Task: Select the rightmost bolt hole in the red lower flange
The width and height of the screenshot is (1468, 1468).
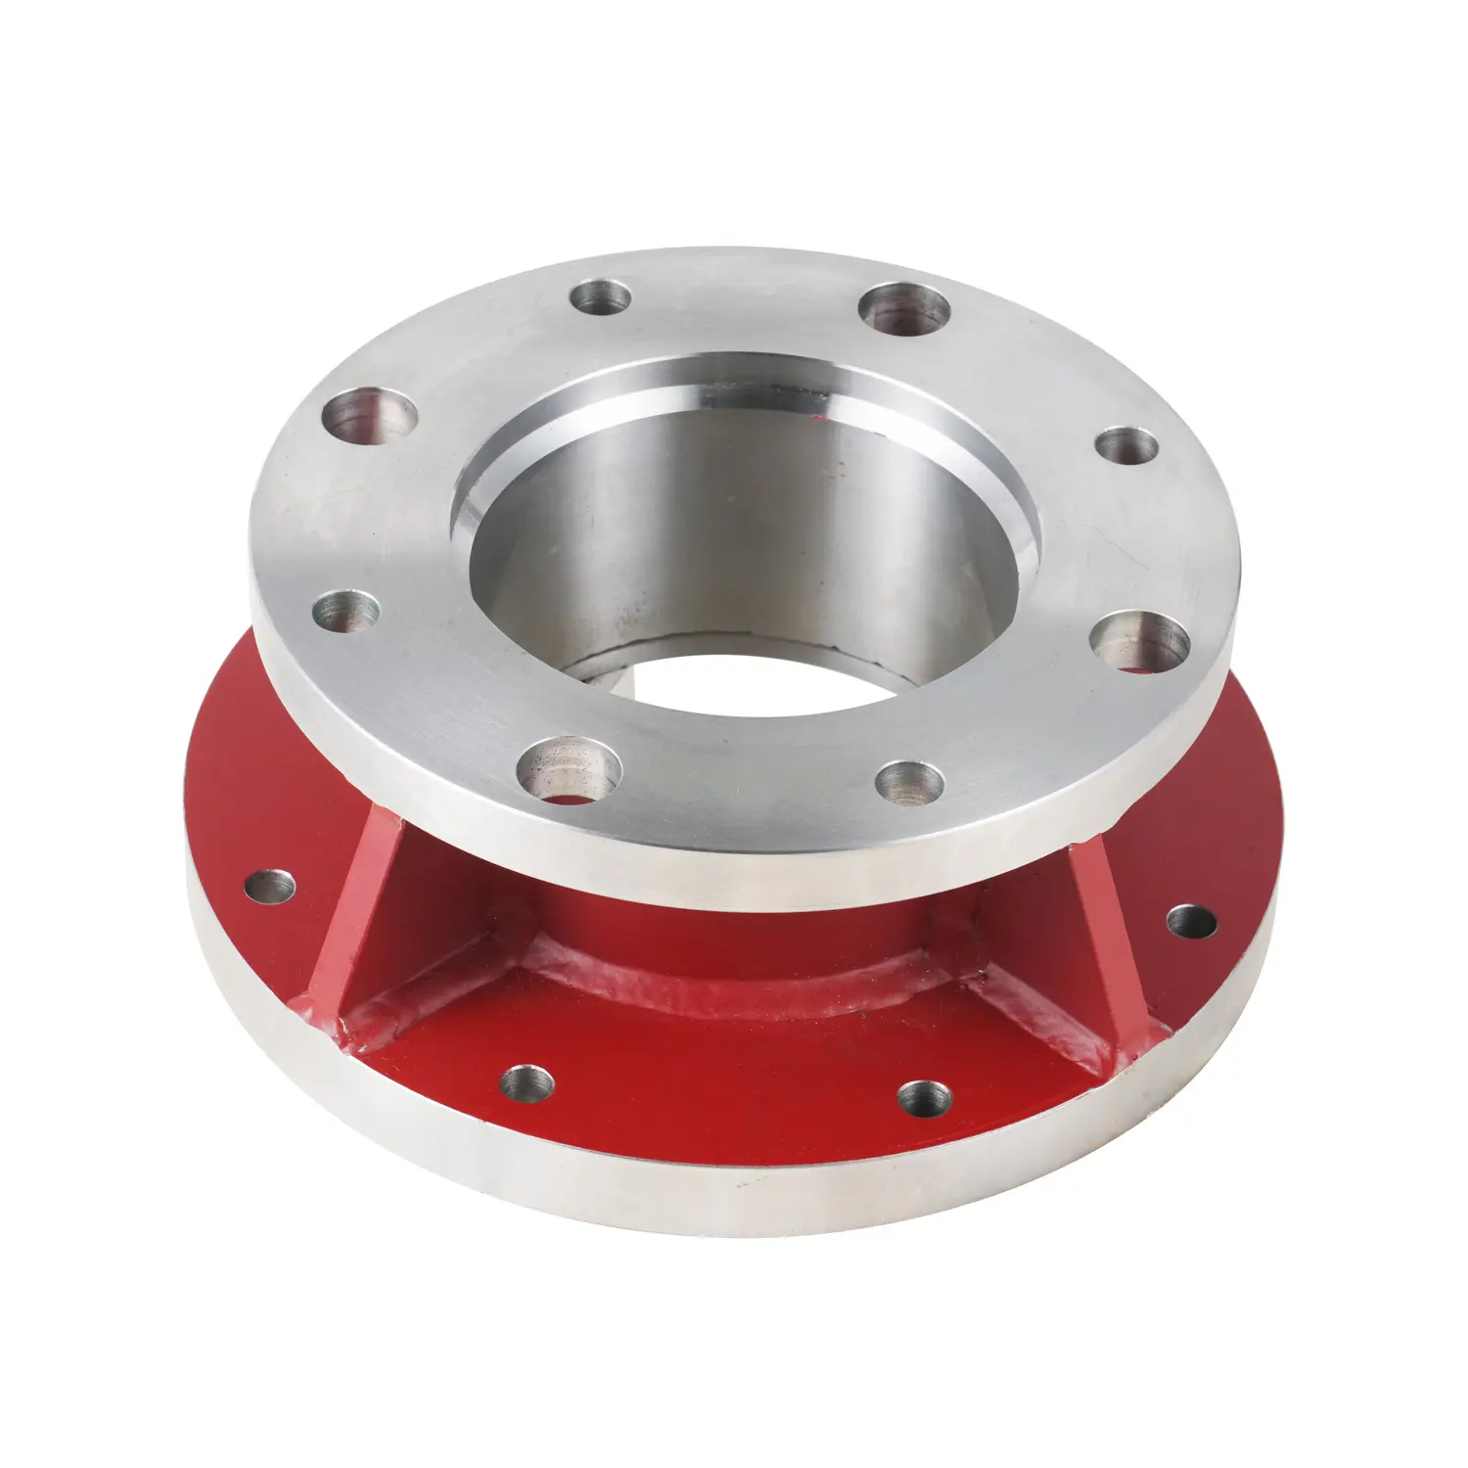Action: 1191,921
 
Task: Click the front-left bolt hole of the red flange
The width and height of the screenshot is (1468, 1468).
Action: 528,1081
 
